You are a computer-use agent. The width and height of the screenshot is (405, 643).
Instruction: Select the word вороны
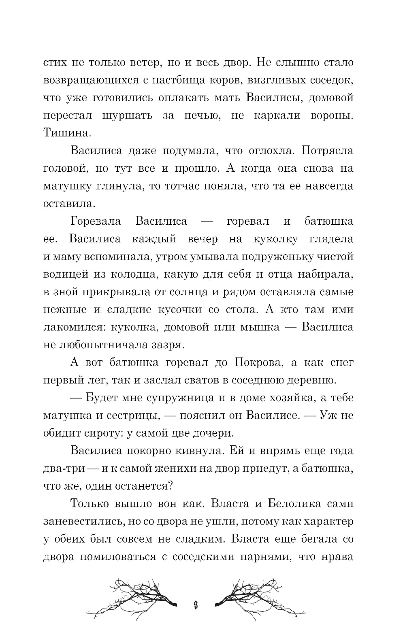[332, 115]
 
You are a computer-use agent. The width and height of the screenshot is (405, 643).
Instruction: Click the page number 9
[196, 594]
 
